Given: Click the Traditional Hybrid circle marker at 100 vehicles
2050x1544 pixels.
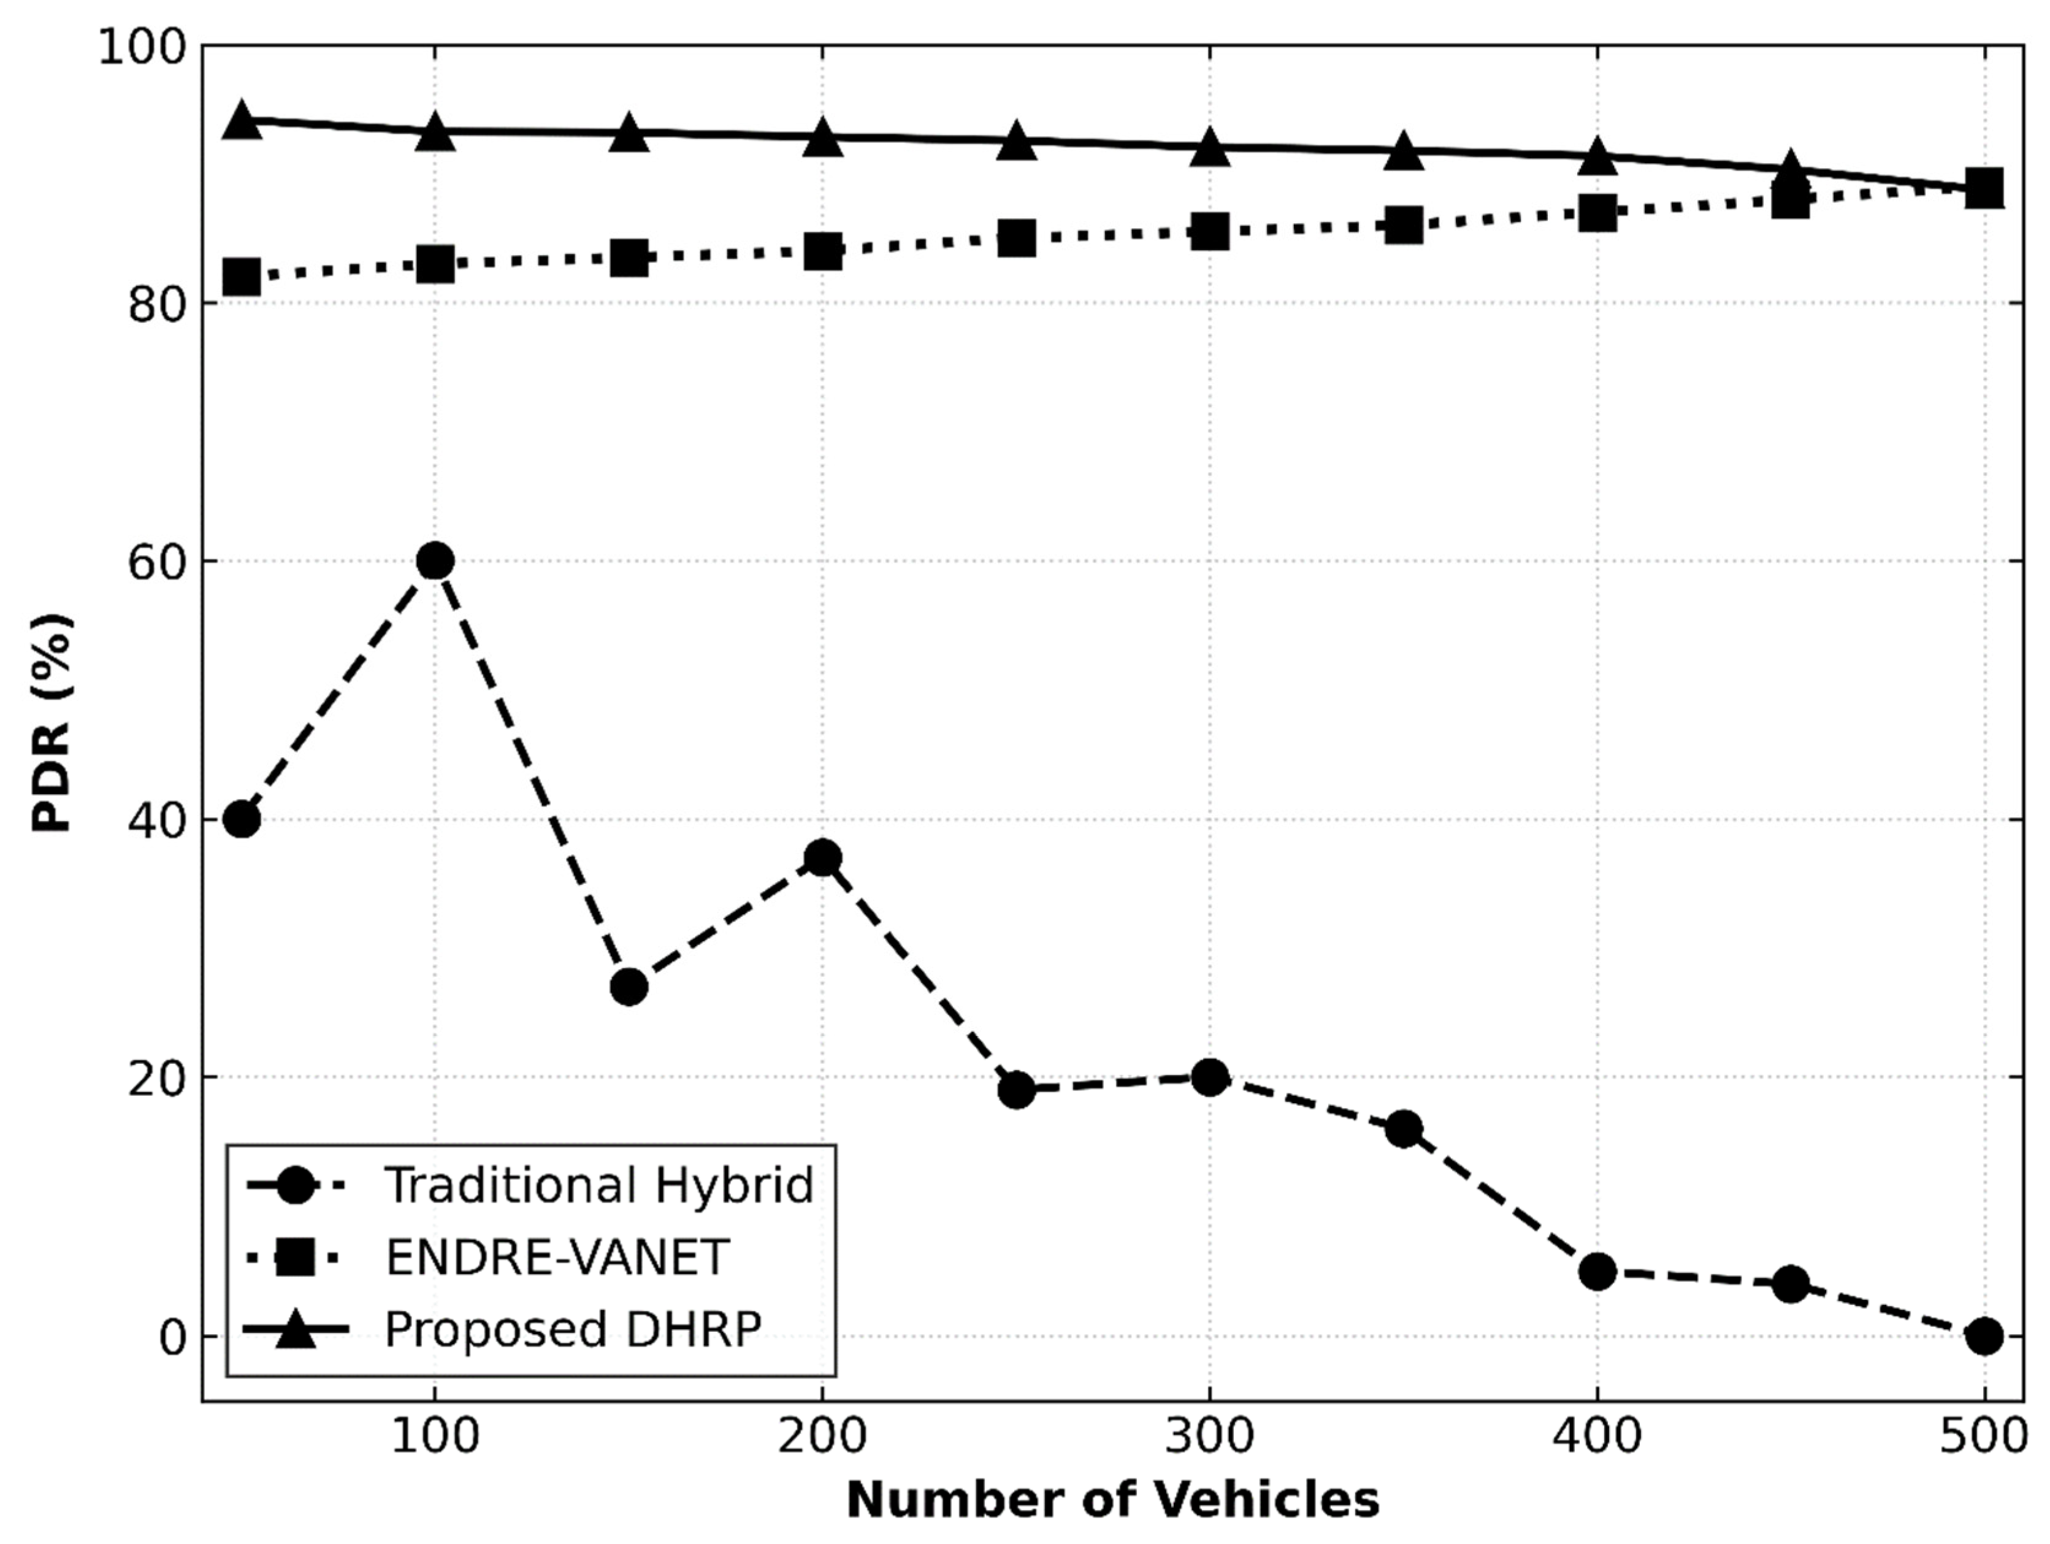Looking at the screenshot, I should pyautogui.click(x=435, y=560).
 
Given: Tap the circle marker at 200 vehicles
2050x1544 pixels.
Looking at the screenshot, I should pyautogui.click(x=822, y=857).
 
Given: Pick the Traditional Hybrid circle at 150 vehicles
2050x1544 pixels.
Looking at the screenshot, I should pyautogui.click(x=629, y=987).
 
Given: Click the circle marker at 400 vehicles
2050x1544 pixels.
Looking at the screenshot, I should pyautogui.click(x=1597, y=1272).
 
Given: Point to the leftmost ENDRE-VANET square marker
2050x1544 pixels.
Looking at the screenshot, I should pyautogui.click(x=242, y=276).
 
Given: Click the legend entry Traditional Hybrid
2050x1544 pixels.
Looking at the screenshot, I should pyautogui.click(x=599, y=1185).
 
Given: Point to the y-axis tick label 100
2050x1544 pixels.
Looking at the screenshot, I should pyautogui.click(x=141, y=47).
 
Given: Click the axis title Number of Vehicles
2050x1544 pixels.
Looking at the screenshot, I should pyautogui.click(x=1112, y=1499).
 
